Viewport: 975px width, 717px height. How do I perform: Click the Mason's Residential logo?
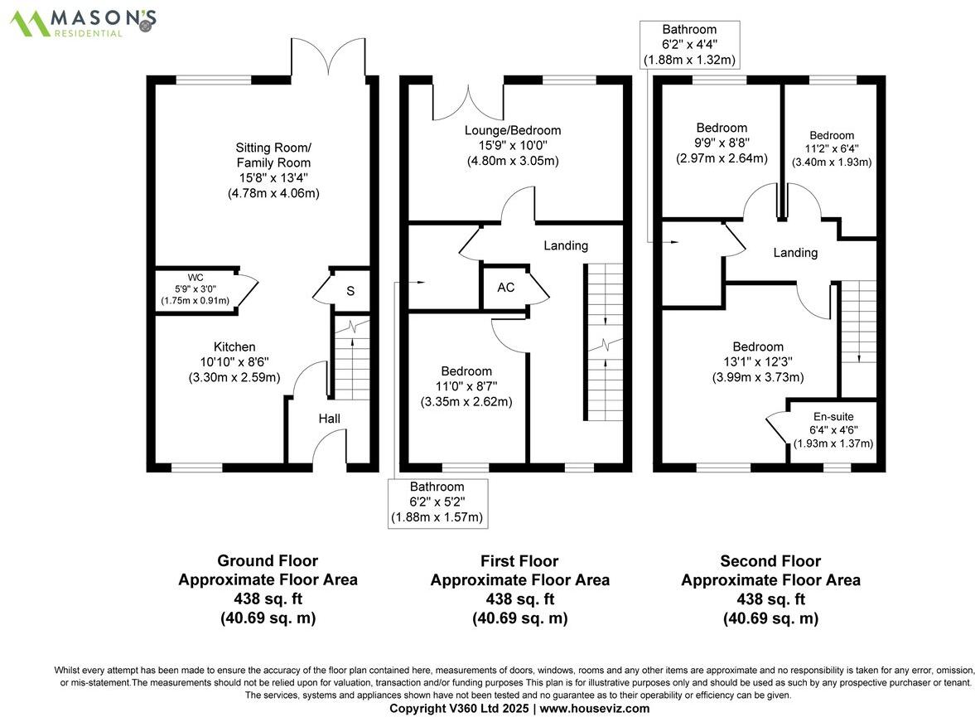coord(83,22)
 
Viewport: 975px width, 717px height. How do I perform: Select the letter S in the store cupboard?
coord(350,291)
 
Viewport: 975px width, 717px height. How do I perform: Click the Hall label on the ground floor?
coord(329,419)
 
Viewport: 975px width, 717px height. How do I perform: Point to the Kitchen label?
coord(234,346)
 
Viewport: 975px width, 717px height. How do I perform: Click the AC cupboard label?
coord(506,288)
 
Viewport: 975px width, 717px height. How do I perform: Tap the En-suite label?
coord(833,417)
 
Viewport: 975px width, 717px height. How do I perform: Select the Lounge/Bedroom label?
coord(512,130)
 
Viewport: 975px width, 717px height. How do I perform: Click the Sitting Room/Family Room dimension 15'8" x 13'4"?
coord(273,178)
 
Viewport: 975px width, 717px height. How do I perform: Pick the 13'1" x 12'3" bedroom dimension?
coord(757,362)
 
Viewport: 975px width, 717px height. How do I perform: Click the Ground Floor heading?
coord(267,561)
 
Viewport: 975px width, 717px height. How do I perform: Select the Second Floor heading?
coord(770,561)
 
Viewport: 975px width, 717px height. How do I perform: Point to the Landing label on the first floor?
coord(566,245)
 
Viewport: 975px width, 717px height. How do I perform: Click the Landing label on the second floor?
coord(795,253)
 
